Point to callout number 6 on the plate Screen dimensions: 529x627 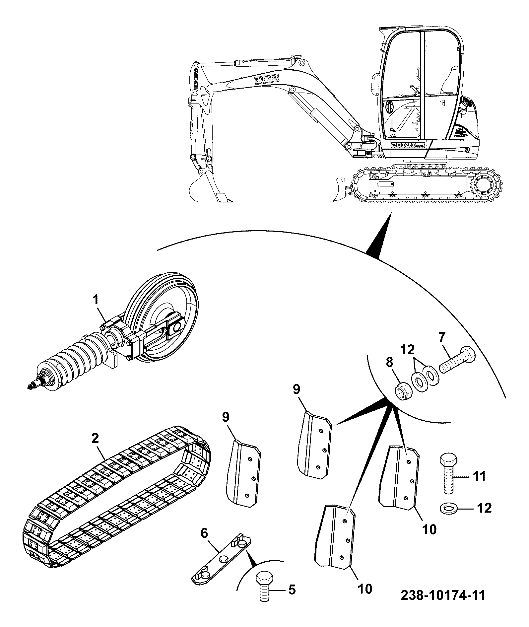tap(205, 534)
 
